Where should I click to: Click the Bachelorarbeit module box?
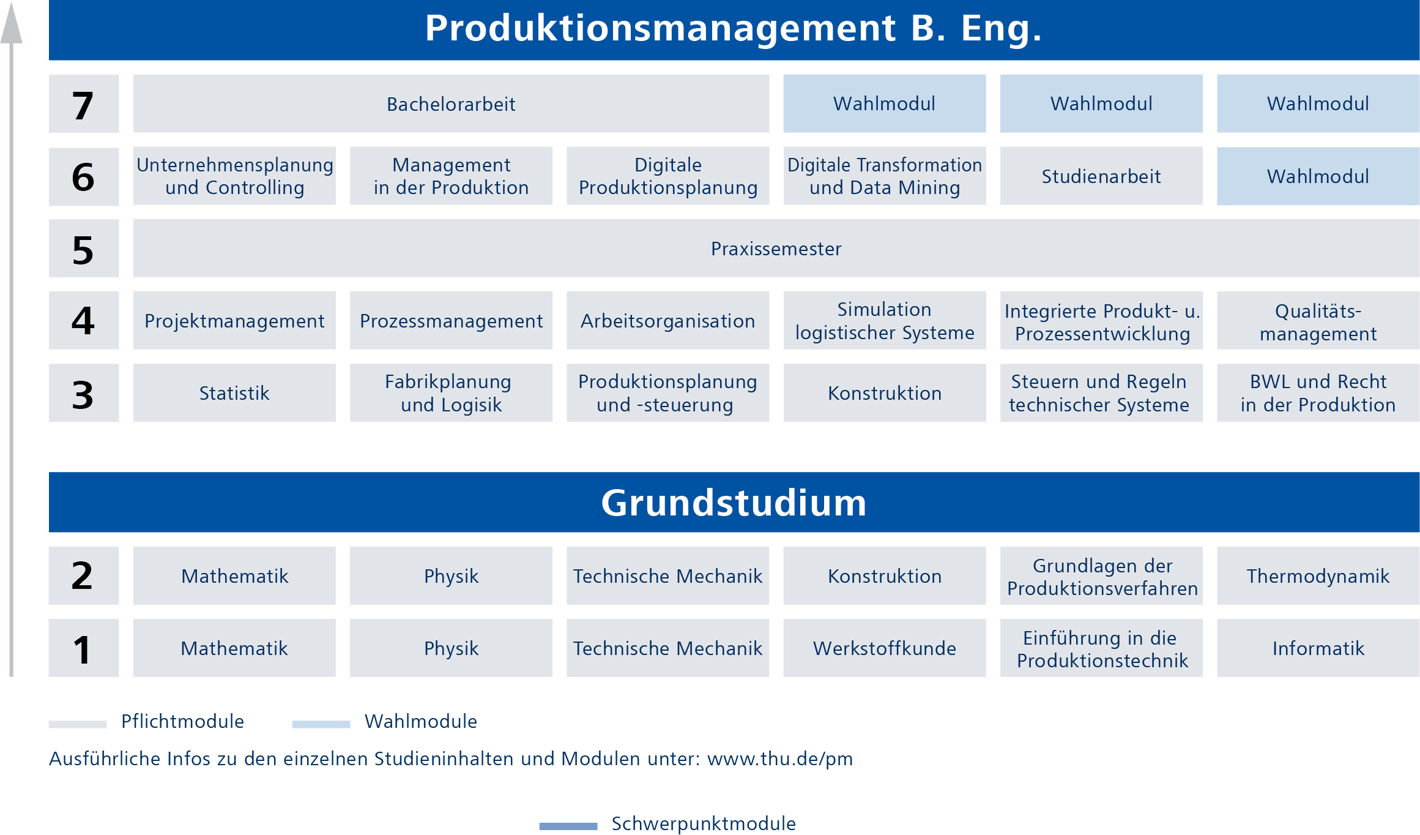(x=451, y=103)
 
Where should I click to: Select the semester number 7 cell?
(x=84, y=103)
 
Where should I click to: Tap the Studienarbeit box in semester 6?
(x=1101, y=176)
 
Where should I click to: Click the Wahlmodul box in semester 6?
(x=1318, y=176)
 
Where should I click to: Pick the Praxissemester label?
(x=776, y=249)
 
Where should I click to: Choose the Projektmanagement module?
(x=234, y=320)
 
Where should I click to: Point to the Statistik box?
(x=234, y=392)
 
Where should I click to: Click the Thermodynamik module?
(x=1318, y=575)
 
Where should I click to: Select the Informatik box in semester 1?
(x=1318, y=648)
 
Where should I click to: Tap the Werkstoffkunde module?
(x=885, y=648)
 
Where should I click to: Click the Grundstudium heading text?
(x=734, y=503)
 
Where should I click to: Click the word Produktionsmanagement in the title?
(x=660, y=29)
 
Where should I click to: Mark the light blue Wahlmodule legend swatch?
(x=321, y=724)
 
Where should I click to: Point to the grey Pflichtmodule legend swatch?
(x=78, y=724)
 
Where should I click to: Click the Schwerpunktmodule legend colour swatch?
(x=568, y=826)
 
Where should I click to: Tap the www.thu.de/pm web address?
(x=779, y=759)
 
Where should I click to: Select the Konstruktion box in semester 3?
(x=885, y=392)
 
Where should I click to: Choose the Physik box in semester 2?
(x=451, y=575)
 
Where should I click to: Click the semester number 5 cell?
(x=84, y=249)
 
